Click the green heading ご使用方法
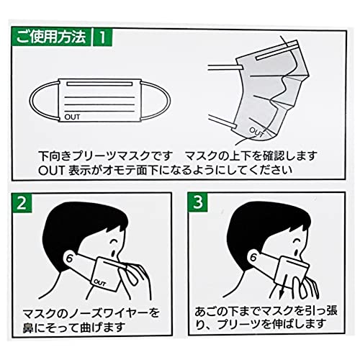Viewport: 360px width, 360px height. click(51, 37)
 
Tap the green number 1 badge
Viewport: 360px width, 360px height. click(102, 37)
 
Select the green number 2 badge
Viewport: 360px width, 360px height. click(22, 203)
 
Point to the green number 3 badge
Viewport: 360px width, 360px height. click(198, 202)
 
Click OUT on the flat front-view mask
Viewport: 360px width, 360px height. click(72, 117)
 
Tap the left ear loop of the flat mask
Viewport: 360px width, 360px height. click(32, 101)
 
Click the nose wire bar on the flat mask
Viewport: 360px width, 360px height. click(99, 84)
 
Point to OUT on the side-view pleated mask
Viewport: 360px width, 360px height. click(257, 132)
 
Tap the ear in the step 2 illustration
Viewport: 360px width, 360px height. click(71, 258)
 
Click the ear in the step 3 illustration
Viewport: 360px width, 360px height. click(254, 257)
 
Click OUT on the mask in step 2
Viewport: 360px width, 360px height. click(100, 283)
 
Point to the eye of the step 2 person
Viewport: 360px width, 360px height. click(114, 240)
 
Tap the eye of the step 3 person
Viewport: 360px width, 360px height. click(297, 240)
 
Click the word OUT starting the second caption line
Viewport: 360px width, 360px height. click(51, 171)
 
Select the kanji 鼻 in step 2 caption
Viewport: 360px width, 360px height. click(28, 328)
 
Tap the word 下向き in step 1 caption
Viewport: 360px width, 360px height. click(55, 156)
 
